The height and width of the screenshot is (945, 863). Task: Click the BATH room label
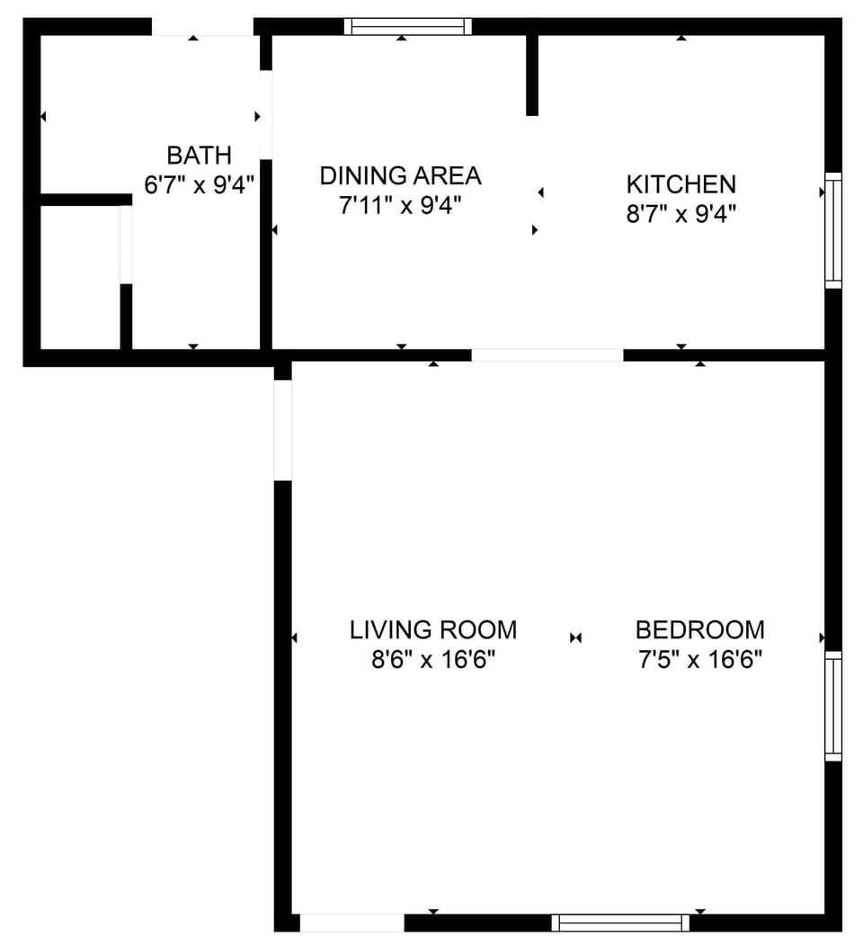tap(199, 156)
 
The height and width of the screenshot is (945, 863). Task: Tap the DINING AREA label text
tap(401, 176)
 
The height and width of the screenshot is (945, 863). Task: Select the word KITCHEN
tap(681, 184)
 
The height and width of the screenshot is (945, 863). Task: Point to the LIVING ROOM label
tap(433, 629)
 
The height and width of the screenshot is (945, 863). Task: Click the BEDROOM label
tap(700, 629)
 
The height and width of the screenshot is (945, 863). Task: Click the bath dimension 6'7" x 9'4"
tap(199, 184)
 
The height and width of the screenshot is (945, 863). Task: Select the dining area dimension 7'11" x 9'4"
tap(400, 206)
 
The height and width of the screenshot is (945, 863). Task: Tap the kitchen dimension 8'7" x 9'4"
tap(681, 213)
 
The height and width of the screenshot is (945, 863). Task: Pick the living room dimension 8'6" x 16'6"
tap(433, 659)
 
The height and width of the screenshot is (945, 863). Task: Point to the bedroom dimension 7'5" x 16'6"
tap(700, 659)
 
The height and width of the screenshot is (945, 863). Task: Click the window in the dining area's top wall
tap(408, 26)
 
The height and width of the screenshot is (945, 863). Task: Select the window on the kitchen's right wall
tap(833, 230)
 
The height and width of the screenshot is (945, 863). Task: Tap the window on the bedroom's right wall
tap(833, 706)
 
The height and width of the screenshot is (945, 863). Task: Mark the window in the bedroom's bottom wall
tap(621, 923)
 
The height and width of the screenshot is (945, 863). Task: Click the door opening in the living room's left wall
tap(282, 431)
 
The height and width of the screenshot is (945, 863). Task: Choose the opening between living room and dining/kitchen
tap(547, 355)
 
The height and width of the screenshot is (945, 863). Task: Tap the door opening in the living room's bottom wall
tap(352, 923)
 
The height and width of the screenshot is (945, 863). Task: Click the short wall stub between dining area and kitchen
tap(532, 75)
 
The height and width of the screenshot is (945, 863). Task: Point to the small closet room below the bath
tap(80, 277)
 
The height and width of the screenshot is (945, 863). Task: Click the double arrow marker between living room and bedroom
tap(575, 637)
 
